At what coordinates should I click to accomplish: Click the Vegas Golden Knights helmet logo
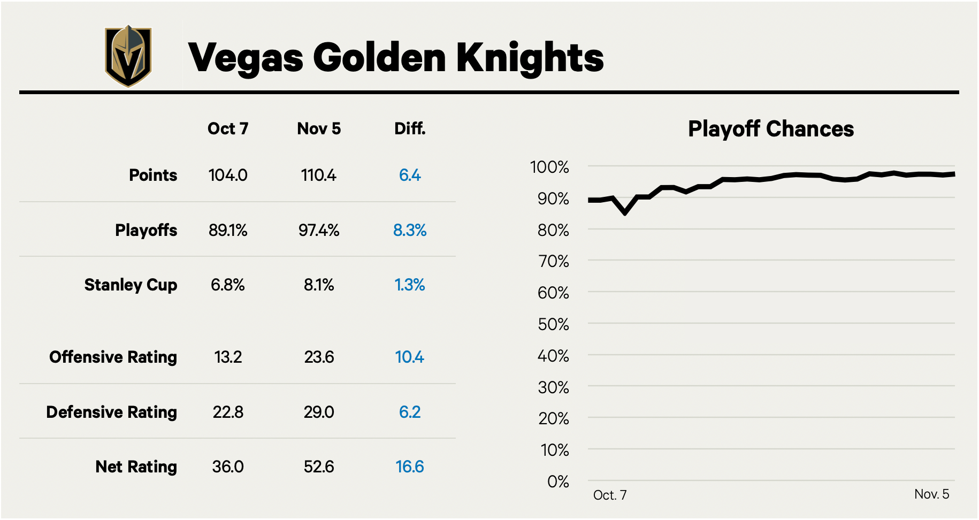tap(128, 56)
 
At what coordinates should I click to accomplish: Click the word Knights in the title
tap(530, 58)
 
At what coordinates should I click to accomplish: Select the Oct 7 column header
tap(228, 129)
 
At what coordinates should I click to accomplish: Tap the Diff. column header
tap(410, 129)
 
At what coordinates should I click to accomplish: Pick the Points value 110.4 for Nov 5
tap(319, 175)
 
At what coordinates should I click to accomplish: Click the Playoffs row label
tap(146, 230)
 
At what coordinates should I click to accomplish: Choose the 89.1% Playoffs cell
tap(228, 231)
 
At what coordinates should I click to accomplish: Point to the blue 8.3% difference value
tap(410, 231)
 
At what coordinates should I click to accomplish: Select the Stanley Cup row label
tap(131, 285)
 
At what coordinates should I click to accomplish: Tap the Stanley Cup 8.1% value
tap(319, 285)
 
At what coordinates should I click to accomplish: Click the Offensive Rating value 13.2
tap(228, 357)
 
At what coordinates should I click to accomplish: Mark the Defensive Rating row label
tap(111, 412)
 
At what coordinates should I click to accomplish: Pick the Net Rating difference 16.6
tap(410, 467)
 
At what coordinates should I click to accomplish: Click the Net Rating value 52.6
tap(319, 467)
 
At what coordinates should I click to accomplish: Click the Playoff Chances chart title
tap(771, 129)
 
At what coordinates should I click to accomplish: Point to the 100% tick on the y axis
tap(549, 167)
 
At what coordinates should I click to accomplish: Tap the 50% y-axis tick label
tap(553, 325)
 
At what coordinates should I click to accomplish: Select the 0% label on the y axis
tap(558, 482)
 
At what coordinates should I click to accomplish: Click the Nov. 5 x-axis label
tap(931, 494)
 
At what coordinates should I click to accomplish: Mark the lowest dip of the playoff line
tap(625, 213)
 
